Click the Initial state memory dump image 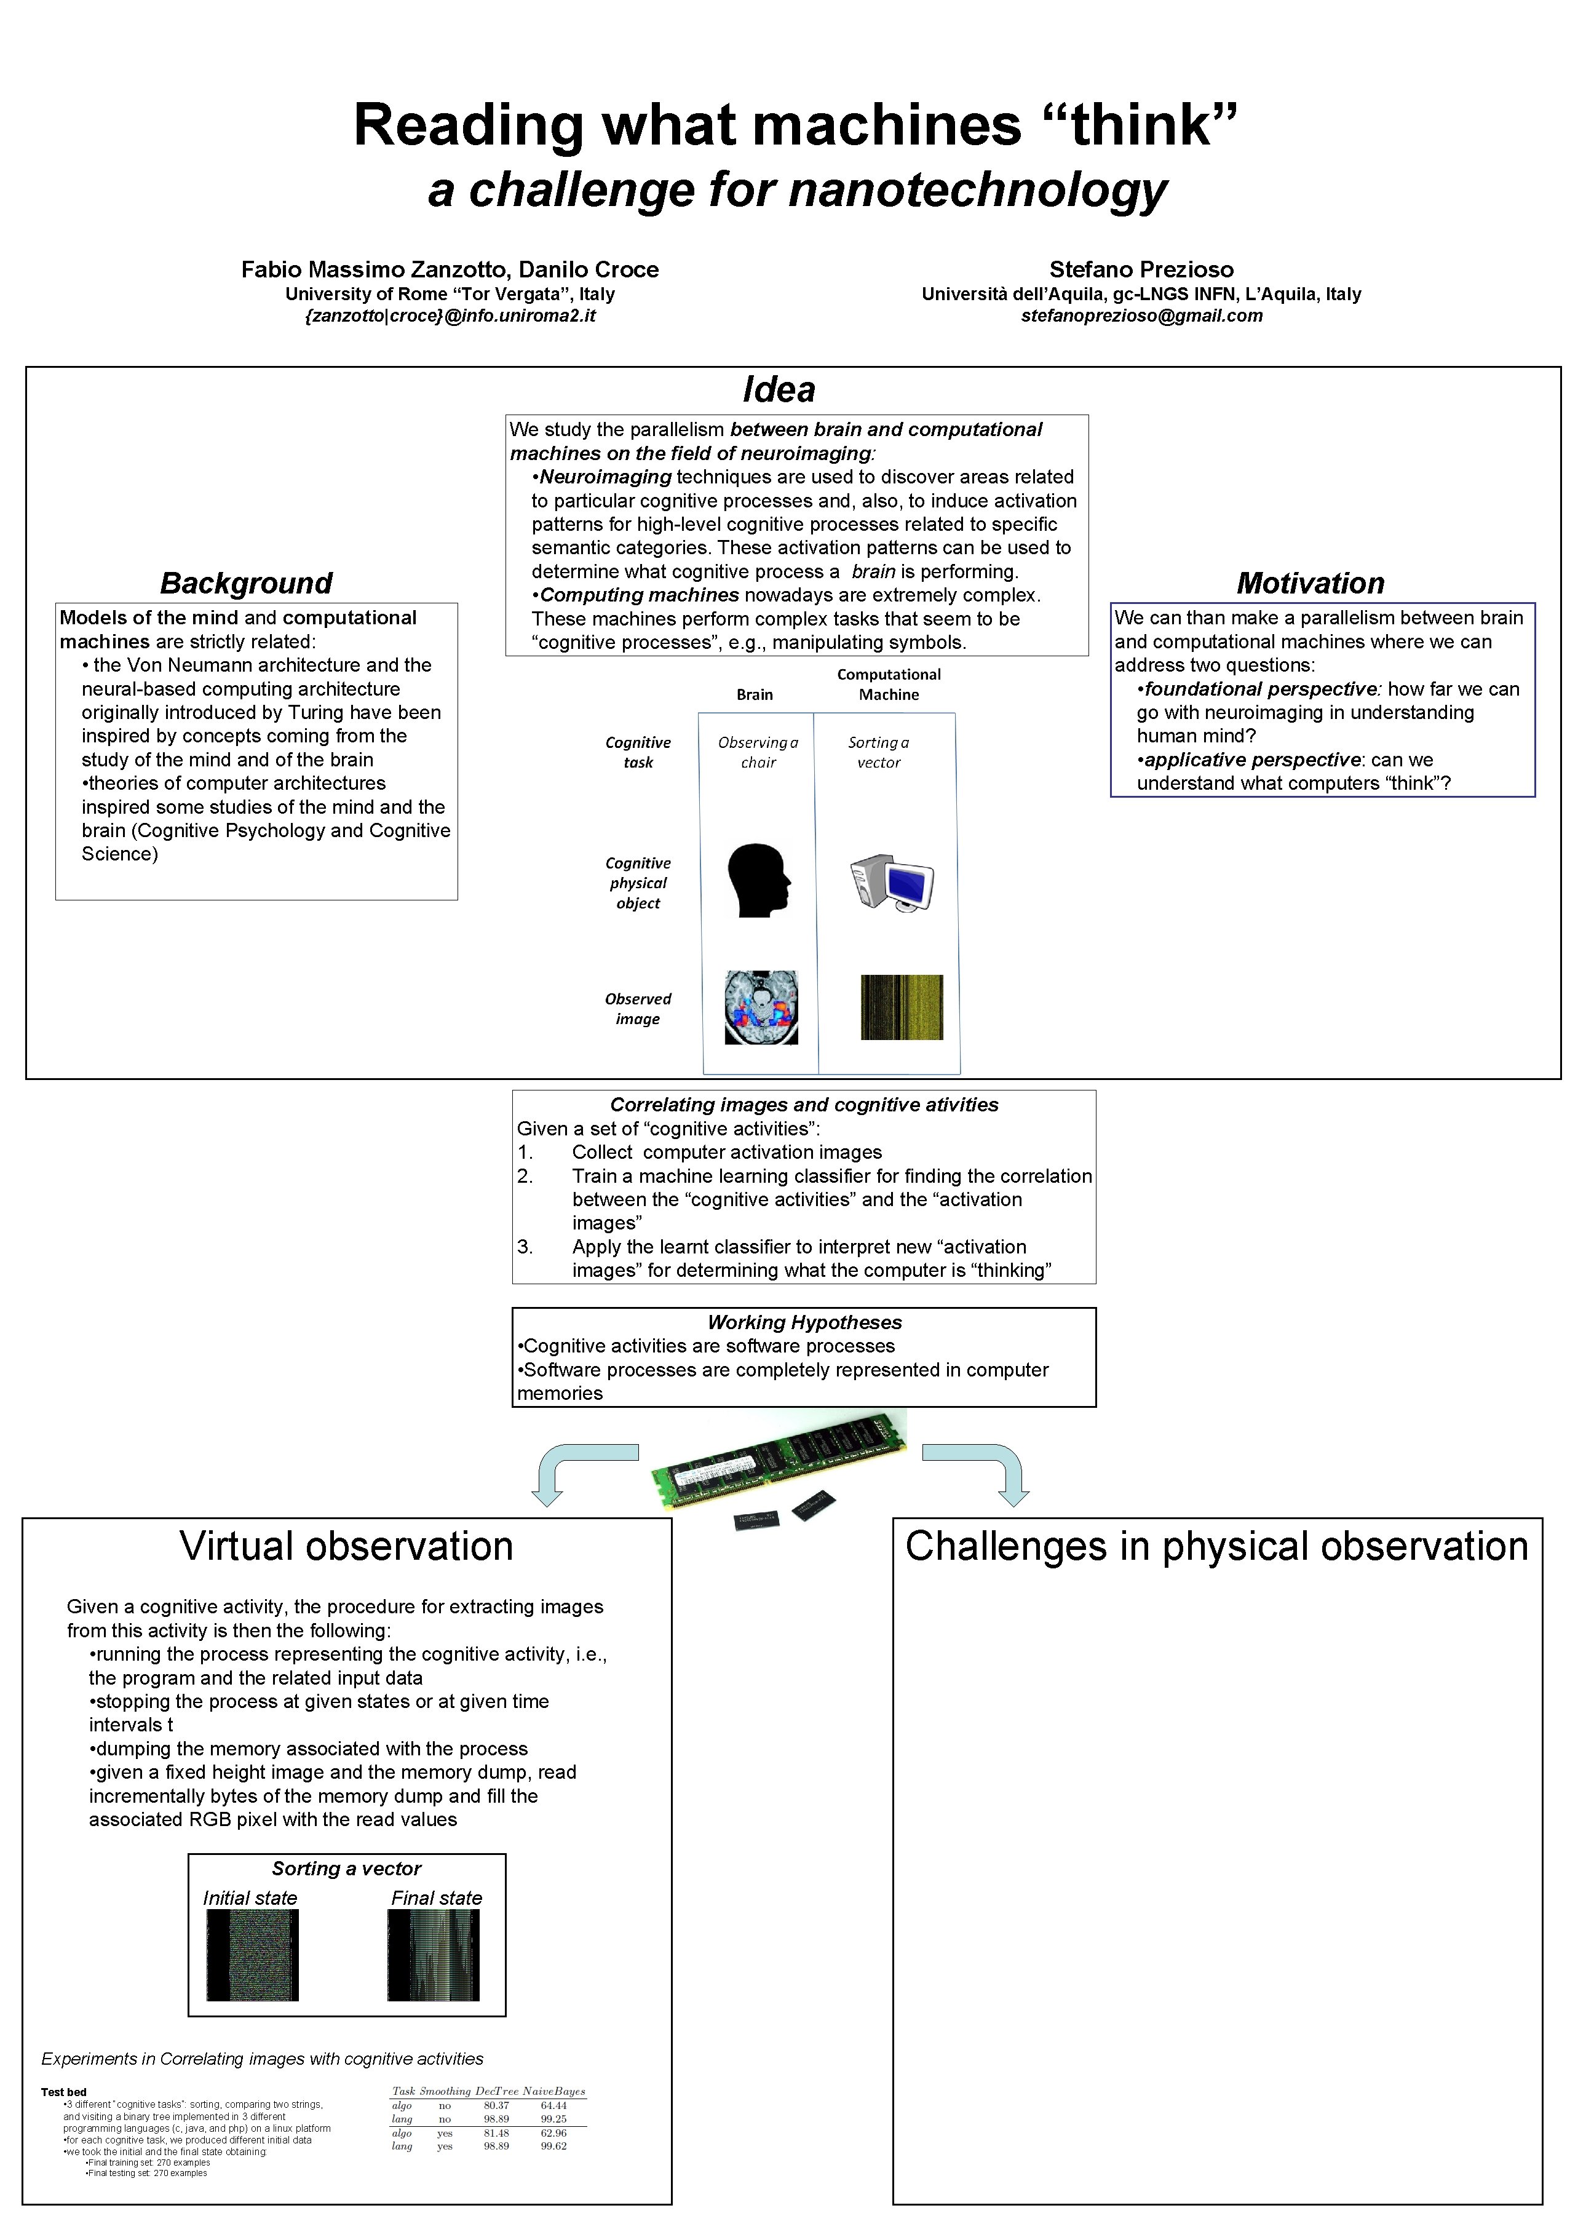(252, 1954)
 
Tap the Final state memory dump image (433, 1954)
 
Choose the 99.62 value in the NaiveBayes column (553, 2146)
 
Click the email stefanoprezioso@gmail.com (1141, 316)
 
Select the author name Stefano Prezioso (1141, 270)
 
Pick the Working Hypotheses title (804, 1322)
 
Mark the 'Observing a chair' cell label (758, 752)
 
